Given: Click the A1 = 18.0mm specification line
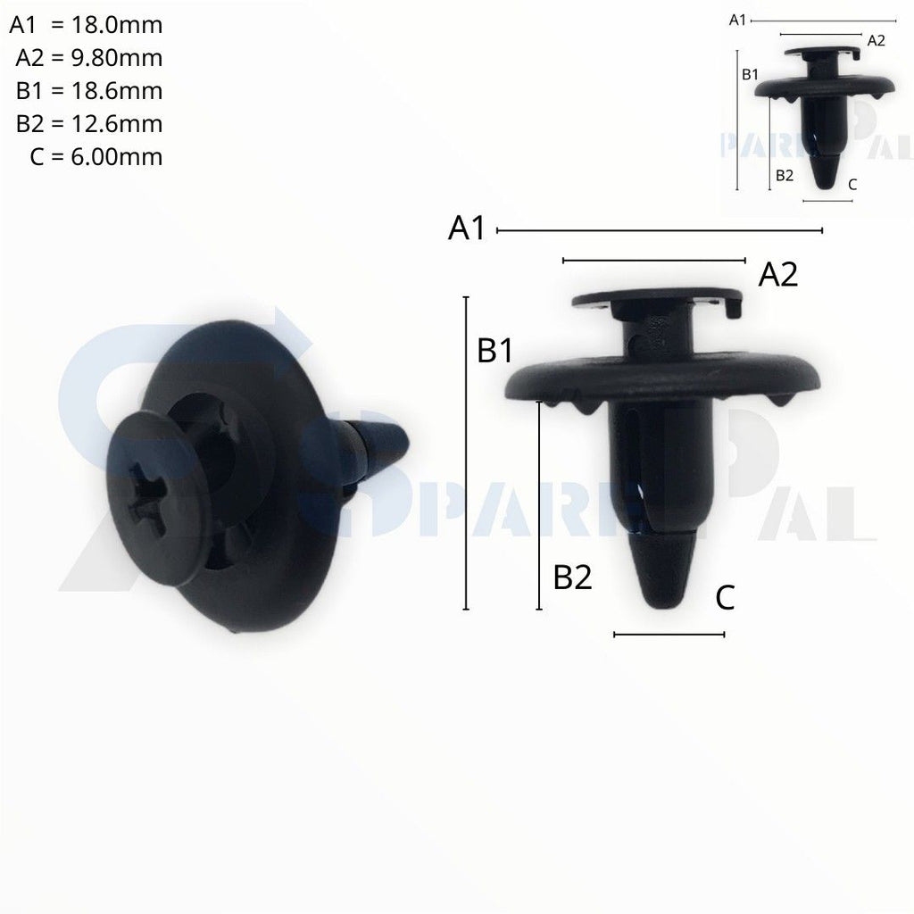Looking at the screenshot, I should (86, 25).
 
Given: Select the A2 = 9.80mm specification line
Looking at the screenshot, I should (89, 58).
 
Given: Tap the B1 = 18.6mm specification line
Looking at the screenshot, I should (89, 91).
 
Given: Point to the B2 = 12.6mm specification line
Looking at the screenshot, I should (89, 124).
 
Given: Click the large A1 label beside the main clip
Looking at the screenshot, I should (467, 228).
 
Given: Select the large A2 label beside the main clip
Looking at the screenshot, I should (777, 275).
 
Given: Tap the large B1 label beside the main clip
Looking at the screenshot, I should (494, 351).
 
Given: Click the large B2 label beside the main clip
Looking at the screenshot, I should (572, 577).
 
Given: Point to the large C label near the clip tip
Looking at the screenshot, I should (725, 598).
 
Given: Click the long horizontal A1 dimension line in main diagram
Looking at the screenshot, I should (659, 230).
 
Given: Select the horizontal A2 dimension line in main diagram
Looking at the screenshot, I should (653, 261).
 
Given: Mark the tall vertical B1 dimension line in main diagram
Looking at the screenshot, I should (466, 453).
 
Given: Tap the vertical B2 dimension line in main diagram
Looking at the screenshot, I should (539, 505).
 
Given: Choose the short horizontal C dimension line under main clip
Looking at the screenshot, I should (669, 635).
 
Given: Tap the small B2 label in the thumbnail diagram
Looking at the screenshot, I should (784, 176).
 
